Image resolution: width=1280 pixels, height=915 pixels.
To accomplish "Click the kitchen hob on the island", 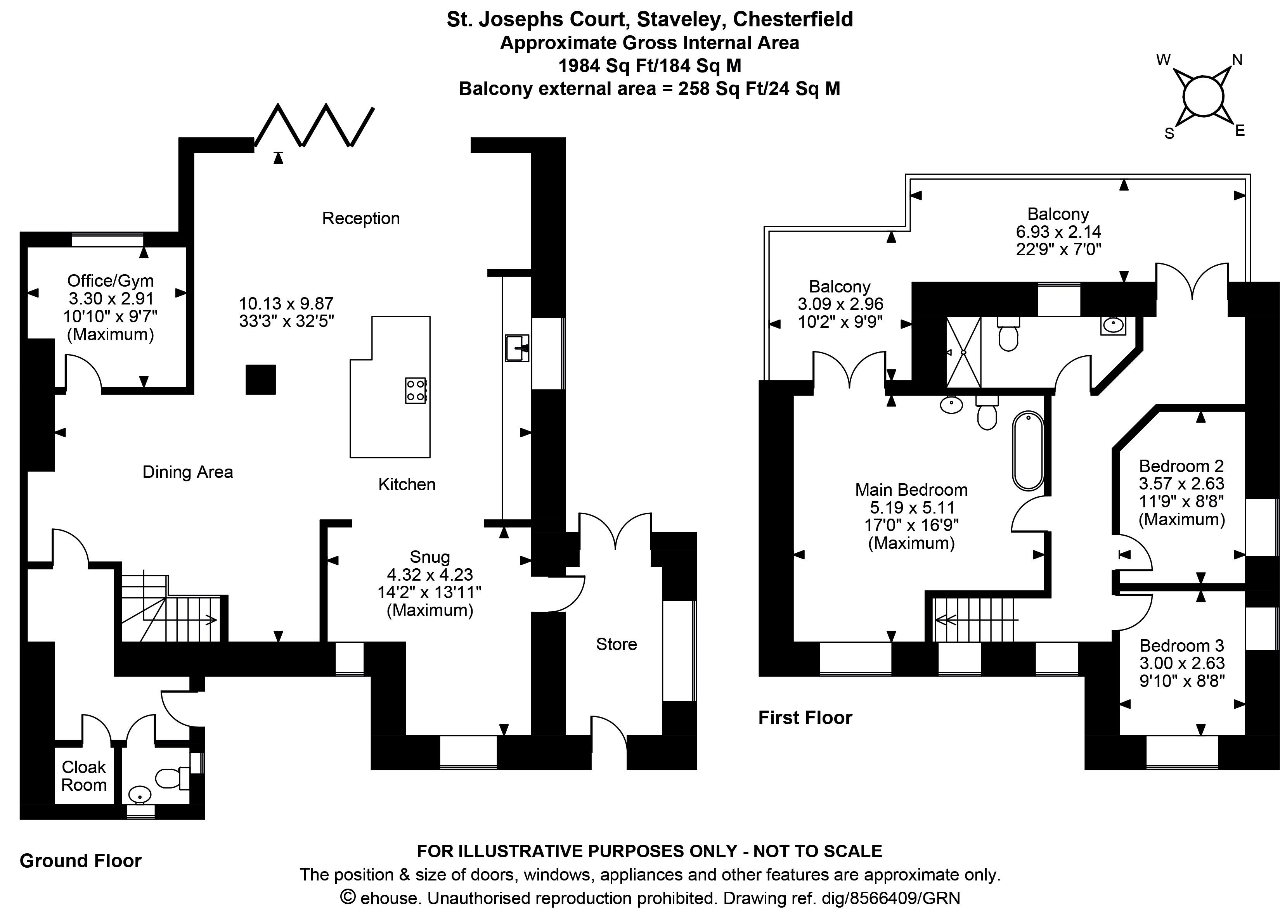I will [x=416, y=390].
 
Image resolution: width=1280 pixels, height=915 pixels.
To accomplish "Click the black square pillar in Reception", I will [x=260, y=379].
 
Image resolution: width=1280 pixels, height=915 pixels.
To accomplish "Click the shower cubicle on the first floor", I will [x=963, y=352].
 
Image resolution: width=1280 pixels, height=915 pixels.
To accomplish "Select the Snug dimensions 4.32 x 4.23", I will [x=430, y=575].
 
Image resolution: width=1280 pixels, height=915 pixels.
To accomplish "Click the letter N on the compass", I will [x=1237, y=60].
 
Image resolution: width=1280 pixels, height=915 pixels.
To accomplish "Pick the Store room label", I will [x=616, y=644].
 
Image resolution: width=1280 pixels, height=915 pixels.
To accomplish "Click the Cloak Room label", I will [x=83, y=776].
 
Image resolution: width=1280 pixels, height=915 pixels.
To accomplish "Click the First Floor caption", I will [x=804, y=718].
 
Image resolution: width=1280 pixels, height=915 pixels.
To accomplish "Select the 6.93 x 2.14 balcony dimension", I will [x=1058, y=232].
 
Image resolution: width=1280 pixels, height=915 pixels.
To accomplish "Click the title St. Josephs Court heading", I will [x=649, y=19].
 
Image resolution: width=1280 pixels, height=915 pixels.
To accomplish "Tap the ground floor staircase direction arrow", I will [x=210, y=620].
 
